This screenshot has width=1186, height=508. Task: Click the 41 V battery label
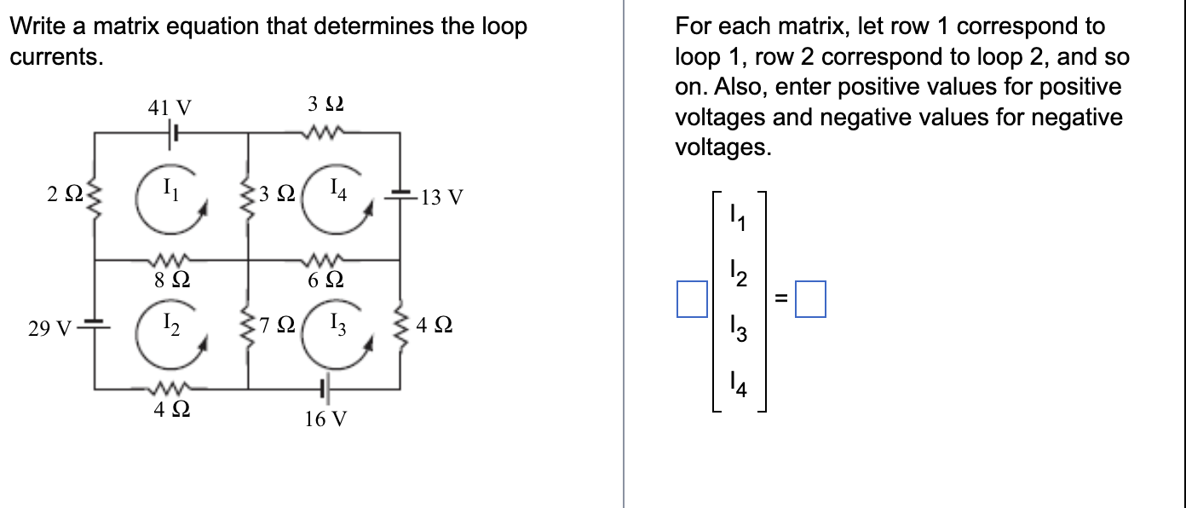[x=170, y=108]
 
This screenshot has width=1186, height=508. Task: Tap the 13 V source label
[x=442, y=199]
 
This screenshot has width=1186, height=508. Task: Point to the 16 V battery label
[x=325, y=419]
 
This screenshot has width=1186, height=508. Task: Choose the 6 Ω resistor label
[x=325, y=279]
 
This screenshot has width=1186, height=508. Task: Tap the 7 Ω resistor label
[x=279, y=325]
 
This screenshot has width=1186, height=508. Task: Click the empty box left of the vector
[x=692, y=299]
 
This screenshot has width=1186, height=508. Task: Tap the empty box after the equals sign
[x=810, y=299]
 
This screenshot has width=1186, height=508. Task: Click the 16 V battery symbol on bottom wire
[x=324, y=390]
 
